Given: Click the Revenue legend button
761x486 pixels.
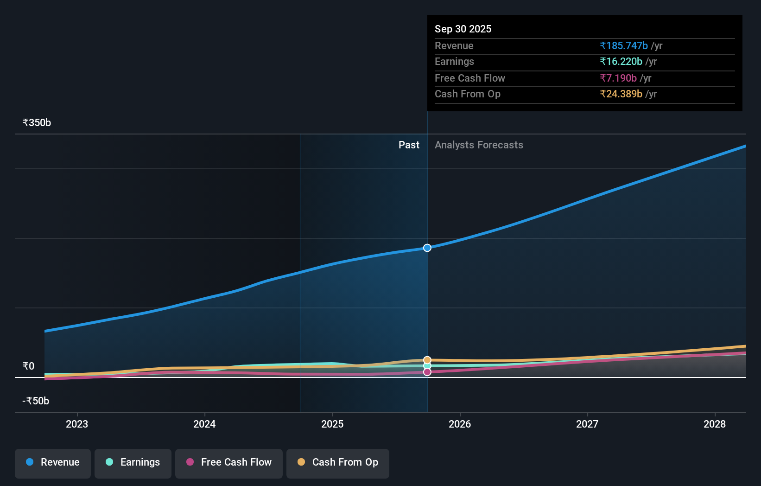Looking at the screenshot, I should tap(53, 462).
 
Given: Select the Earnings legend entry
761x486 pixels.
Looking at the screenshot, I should tap(133, 462).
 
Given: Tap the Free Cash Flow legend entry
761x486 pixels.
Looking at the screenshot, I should tap(229, 462).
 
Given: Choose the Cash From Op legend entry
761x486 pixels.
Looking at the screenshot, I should tap(338, 462).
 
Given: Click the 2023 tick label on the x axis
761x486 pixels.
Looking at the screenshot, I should tap(77, 424).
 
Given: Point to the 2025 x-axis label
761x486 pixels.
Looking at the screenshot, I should tap(332, 424).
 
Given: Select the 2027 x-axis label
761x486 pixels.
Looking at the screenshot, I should tap(587, 424).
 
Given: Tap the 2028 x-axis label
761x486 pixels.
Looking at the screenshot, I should tap(715, 424).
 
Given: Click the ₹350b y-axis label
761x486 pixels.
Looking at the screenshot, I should tap(37, 123).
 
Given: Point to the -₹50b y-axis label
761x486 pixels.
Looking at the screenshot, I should tap(36, 401).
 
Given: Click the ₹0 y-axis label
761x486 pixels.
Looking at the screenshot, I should tap(28, 366).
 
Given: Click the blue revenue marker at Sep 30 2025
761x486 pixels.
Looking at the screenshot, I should tap(427, 248).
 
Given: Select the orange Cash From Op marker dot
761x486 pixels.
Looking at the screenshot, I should tap(427, 360).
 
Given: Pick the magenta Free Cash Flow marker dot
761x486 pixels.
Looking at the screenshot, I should tap(427, 372).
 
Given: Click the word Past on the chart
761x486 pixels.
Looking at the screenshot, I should tap(409, 145).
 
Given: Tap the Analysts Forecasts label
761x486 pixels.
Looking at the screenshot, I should tap(479, 145).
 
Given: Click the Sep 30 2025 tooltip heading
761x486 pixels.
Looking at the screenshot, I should tap(463, 29).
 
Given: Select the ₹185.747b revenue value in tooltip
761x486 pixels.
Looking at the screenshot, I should tap(624, 46).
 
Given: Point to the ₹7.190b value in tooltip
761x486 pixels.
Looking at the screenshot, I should tap(618, 78).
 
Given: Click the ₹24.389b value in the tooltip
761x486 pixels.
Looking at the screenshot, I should tap(621, 94).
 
